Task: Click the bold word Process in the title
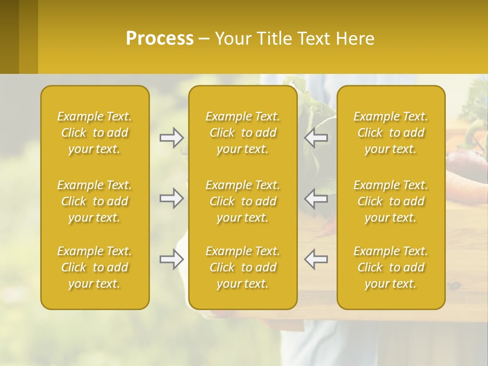tap(160, 39)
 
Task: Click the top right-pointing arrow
tap(171, 138)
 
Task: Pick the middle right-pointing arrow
tap(171, 198)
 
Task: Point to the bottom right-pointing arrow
tap(171, 260)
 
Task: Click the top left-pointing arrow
tap(316, 138)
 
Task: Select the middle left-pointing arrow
tap(316, 198)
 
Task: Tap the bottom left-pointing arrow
tap(316, 259)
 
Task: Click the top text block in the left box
tap(95, 133)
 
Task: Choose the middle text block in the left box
tap(95, 201)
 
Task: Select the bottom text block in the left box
tap(95, 267)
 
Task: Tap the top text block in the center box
tap(242, 133)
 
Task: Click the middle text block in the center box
tap(242, 201)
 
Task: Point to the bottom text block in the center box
tap(242, 267)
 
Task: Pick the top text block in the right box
tap(390, 133)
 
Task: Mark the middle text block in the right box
tap(390, 201)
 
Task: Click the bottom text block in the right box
tap(390, 267)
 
